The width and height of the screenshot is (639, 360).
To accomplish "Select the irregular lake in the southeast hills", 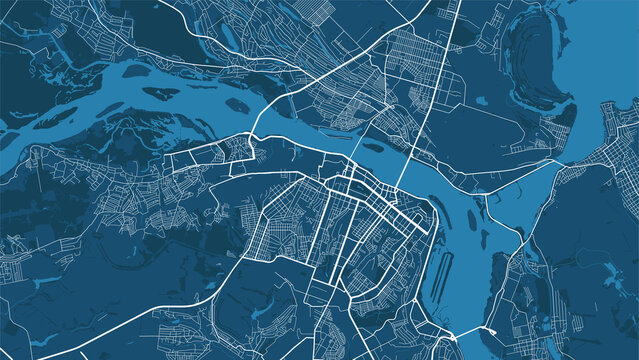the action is point(610,270).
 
